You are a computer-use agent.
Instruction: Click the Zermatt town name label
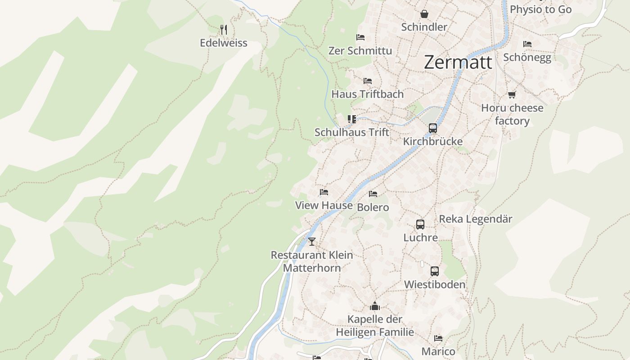[458, 62]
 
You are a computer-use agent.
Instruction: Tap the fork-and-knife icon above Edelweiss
[224, 30]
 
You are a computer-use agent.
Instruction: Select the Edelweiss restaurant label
[224, 43]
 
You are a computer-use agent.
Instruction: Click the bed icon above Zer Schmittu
[360, 37]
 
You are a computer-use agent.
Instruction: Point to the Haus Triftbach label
[368, 94]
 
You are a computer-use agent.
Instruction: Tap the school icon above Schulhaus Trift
[352, 119]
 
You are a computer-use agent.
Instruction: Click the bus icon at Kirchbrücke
[433, 128]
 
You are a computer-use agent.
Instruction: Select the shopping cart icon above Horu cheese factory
[512, 94]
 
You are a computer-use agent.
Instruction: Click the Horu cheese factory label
[512, 114]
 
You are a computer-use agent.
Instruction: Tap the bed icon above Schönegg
[527, 44]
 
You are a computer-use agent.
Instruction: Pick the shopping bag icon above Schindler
[424, 14]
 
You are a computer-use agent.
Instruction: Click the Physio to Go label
[540, 9]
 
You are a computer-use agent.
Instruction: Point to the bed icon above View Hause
[324, 193]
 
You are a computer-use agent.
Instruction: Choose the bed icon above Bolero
[373, 194]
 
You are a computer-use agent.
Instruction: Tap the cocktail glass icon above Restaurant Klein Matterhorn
[312, 242]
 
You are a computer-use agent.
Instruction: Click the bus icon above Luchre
[420, 224]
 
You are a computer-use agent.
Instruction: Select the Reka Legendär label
[476, 219]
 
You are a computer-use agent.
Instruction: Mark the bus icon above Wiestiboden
[434, 271]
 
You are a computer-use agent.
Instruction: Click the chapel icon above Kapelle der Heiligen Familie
[375, 306]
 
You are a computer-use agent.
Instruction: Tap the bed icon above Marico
[438, 338]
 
